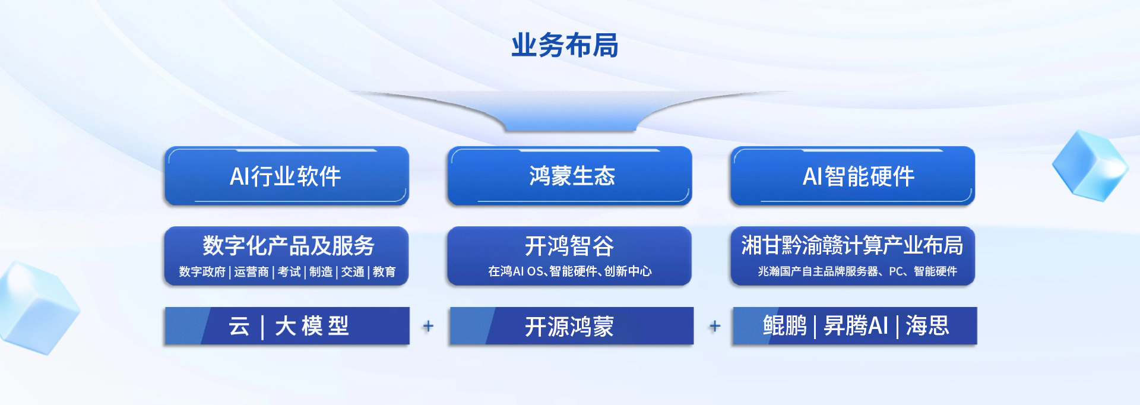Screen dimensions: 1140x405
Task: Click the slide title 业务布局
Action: [x=565, y=46]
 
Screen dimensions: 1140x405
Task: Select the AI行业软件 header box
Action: [x=287, y=176]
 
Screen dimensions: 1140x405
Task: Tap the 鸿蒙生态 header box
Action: [x=569, y=176]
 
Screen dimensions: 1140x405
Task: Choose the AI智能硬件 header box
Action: [x=853, y=176]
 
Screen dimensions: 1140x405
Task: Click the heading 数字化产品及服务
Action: [x=289, y=245]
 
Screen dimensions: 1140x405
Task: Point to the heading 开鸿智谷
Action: [x=569, y=246]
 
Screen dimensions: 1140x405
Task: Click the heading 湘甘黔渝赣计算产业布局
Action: [x=852, y=245]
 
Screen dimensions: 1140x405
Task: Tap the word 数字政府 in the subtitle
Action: [x=202, y=271]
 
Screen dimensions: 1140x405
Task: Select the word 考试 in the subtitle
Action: [x=289, y=271]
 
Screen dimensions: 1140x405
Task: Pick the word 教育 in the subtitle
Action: [x=384, y=271]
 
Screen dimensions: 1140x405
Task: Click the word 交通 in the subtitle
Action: [x=353, y=271]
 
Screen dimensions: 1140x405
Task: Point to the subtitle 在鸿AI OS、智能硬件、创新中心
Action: [x=570, y=271]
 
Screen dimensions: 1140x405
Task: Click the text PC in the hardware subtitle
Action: [x=896, y=271]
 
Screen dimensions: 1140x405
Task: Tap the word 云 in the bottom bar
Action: [x=239, y=326]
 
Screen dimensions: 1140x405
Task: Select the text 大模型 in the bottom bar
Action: [x=312, y=326]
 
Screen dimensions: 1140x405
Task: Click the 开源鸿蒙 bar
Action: [x=572, y=326]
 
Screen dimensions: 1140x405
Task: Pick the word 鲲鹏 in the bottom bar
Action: [x=785, y=325]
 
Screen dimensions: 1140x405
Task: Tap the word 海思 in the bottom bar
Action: [x=927, y=325]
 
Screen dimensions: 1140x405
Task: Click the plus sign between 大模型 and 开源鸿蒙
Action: [x=428, y=326]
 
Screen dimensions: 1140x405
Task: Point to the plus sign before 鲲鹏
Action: [x=715, y=326]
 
